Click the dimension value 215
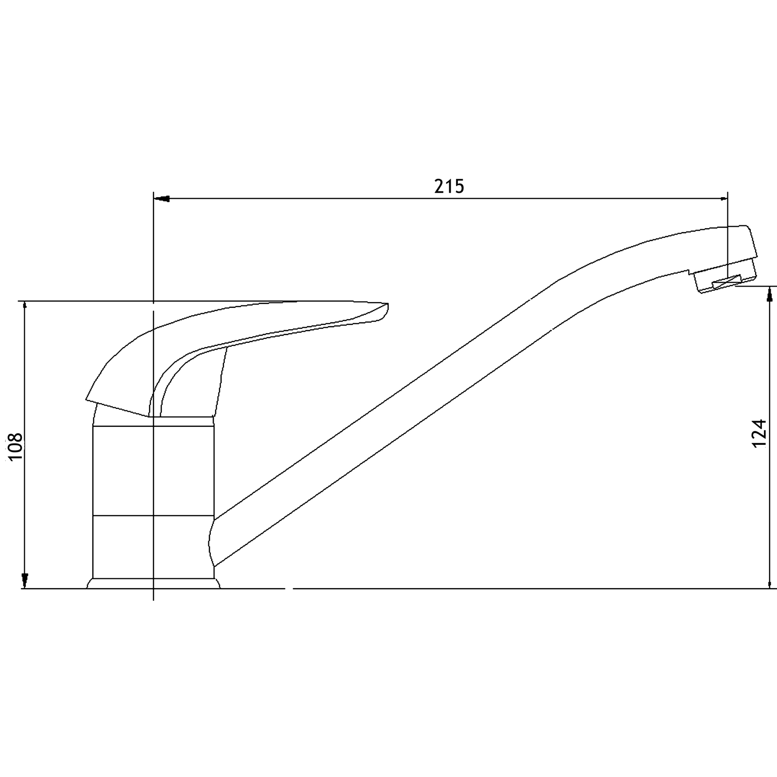point(449,186)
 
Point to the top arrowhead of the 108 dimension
point(25,306)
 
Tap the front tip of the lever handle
point(387,307)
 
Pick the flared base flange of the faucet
point(153,583)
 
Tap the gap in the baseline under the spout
point(288,589)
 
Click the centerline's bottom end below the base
point(153,599)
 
